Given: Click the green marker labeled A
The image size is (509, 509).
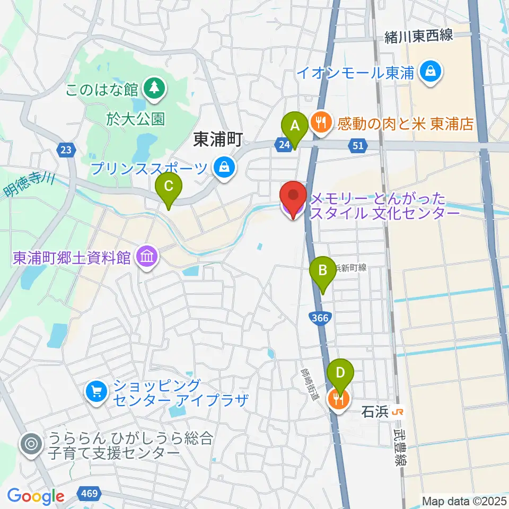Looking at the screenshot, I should tap(294, 128).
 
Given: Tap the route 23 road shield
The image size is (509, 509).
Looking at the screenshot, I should tap(65, 151).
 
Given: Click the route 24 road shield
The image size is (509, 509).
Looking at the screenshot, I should tap(282, 144).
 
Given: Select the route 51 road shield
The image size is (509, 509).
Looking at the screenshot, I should tap(357, 145).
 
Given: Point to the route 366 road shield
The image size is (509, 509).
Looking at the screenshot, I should tap(320, 317).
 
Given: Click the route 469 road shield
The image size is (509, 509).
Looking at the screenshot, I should tap(89, 494).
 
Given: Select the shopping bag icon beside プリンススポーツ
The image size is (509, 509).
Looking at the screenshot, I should tap(225, 168).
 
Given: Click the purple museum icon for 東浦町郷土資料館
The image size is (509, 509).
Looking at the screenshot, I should tap(146, 258).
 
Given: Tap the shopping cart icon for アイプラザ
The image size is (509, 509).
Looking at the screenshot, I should tap(96, 392).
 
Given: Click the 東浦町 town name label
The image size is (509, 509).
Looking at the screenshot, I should tap(217, 140).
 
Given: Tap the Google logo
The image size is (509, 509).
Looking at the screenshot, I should tap(36, 496).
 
